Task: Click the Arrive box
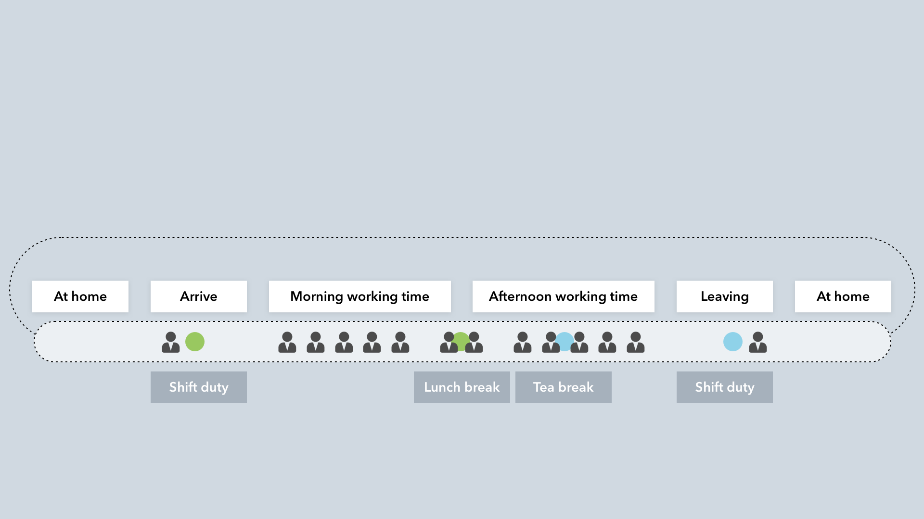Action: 198,297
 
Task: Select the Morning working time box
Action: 359,297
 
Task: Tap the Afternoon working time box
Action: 563,297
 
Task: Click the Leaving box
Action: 724,297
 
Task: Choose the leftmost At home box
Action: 80,297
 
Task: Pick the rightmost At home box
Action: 843,297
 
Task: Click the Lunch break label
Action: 462,387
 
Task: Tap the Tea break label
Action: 563,387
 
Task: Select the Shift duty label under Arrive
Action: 198,387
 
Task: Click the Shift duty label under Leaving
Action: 724,387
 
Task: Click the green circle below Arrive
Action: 195,342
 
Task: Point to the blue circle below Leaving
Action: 732,342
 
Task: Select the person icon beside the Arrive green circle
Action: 171,342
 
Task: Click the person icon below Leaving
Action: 758,342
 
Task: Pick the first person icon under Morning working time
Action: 287,342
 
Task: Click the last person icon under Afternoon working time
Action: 636,342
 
